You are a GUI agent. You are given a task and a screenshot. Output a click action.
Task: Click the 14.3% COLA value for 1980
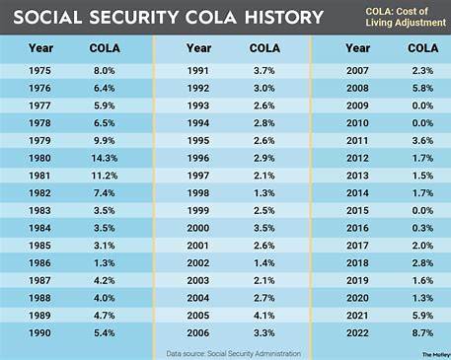click(x=105, y=158)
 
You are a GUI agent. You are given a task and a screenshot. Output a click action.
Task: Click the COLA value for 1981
click(x=105, y=175)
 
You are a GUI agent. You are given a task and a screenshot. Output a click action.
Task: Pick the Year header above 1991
click(x=198, y=47)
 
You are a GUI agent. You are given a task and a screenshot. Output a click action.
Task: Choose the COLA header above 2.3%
click(x=418, y=47)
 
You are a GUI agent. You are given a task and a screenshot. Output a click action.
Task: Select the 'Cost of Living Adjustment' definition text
click(x=396, y=17)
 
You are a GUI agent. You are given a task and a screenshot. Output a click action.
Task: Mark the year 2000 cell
click(x=198, y=226)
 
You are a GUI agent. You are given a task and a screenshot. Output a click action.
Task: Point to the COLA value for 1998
click(x=263, y=192)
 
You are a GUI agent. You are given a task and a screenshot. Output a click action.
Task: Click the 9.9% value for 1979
click(x=105, y=141)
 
